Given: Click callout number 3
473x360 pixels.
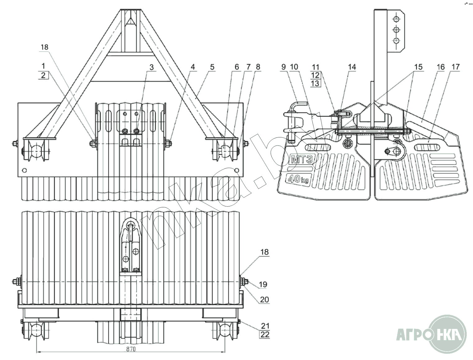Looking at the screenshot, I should [x=151, y=67].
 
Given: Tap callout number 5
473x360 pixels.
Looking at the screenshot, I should [x=212, y=67].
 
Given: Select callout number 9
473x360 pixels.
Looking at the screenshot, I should [x=283, y=67].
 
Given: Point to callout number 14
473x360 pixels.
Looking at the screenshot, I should [x=352, y=67].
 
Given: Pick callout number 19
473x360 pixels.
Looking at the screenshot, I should [x=263, y=284].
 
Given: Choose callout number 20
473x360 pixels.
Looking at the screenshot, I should [x=264, y=300].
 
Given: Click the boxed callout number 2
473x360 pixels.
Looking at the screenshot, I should [x=43, y=75].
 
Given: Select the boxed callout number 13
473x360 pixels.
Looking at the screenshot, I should [x=315, y=83].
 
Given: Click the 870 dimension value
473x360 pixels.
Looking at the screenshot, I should [x=131, y=349].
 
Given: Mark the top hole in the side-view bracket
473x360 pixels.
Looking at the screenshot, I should [x=396, y=18].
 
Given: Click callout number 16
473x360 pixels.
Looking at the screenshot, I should [x=441, y=67].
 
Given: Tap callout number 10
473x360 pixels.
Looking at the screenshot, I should [x=294, y=67].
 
